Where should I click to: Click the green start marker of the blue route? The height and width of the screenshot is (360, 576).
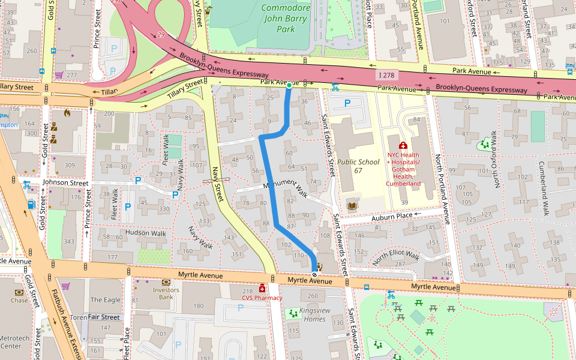coord(289,86)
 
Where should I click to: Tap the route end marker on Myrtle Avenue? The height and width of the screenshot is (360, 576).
coord(314,274)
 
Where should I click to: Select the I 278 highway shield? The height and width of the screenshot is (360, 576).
coord(388,74)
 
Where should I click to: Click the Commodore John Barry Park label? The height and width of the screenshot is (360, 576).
coord(286,19)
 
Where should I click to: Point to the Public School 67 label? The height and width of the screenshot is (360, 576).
coord(358,166)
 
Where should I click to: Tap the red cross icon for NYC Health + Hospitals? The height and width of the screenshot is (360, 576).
coord(403,145)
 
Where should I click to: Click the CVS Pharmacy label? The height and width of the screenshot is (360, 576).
coord(262,297)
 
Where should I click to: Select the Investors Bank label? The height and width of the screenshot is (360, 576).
coord(166,293)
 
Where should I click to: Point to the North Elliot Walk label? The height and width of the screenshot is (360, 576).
coord(396,256)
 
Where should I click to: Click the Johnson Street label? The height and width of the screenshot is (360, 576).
coord(65,182)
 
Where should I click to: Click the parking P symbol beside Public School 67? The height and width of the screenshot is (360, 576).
coord(347,103)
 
